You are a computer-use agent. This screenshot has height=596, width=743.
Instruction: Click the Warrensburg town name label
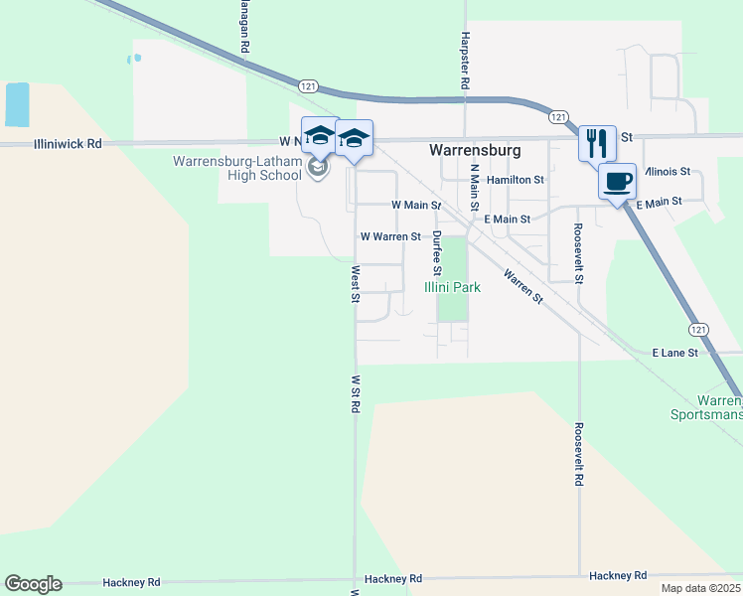475,150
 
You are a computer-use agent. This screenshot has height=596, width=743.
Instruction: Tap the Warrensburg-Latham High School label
237,168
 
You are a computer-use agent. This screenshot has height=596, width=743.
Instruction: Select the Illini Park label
452,287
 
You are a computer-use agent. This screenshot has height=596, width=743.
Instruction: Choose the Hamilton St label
516,180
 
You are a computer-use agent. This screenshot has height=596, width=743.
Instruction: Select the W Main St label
415,205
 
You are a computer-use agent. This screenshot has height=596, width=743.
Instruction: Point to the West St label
355,282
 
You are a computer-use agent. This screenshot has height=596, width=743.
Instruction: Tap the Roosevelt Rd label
579,451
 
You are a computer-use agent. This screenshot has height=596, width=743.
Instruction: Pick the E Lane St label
675,353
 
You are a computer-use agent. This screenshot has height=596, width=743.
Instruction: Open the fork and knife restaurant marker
597,143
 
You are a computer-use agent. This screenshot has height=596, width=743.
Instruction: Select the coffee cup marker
617,182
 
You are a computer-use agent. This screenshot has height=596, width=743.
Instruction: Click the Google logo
33,584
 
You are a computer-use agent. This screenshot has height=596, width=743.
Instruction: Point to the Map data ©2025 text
700,588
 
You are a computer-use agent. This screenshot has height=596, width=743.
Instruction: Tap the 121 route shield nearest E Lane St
698,328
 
